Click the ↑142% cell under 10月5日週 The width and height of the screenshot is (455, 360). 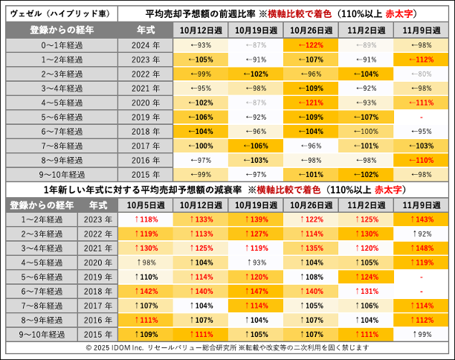point(145,291)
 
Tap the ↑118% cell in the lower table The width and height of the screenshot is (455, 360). point(145,219)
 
